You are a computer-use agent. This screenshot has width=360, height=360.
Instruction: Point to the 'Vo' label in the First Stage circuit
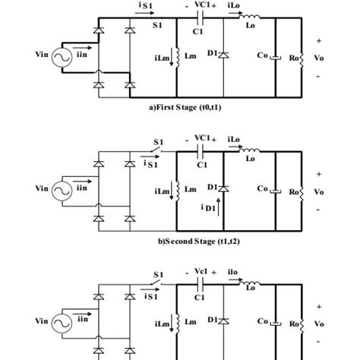coord(319,55)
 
